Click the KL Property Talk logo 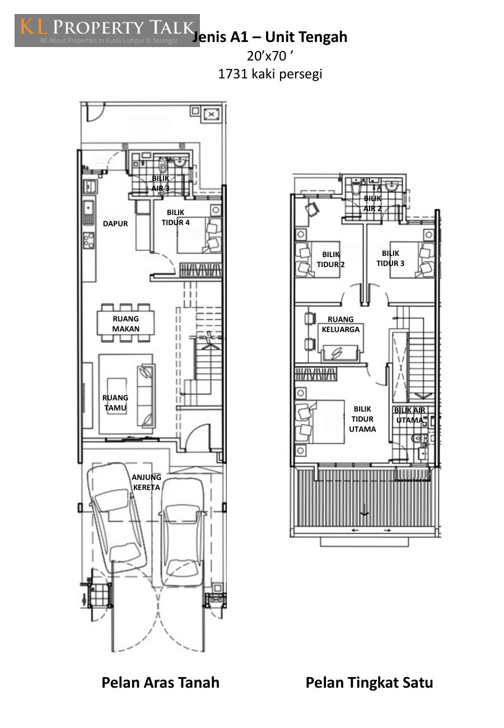[x=107, y=30]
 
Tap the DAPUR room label [x=115, y=223]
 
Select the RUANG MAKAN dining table [x=125, y=323]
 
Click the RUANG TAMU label [x=115, y=403]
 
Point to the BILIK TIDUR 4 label [x=175, y=217]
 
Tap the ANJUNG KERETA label [x=146, y=482]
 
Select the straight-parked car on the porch [x=183, y=533]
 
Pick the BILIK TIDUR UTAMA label [x=362, y=419]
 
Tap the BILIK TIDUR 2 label [x=330, y=259]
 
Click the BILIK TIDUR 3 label [x=390, y=258]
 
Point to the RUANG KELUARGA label [x=340, y=324]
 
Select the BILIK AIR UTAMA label [x=409, y=415]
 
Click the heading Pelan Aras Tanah [x=161, y=682]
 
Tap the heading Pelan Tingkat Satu [x=369, y=682]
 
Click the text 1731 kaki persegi [x=270, y=74]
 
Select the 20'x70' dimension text [x=270, y=56]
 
